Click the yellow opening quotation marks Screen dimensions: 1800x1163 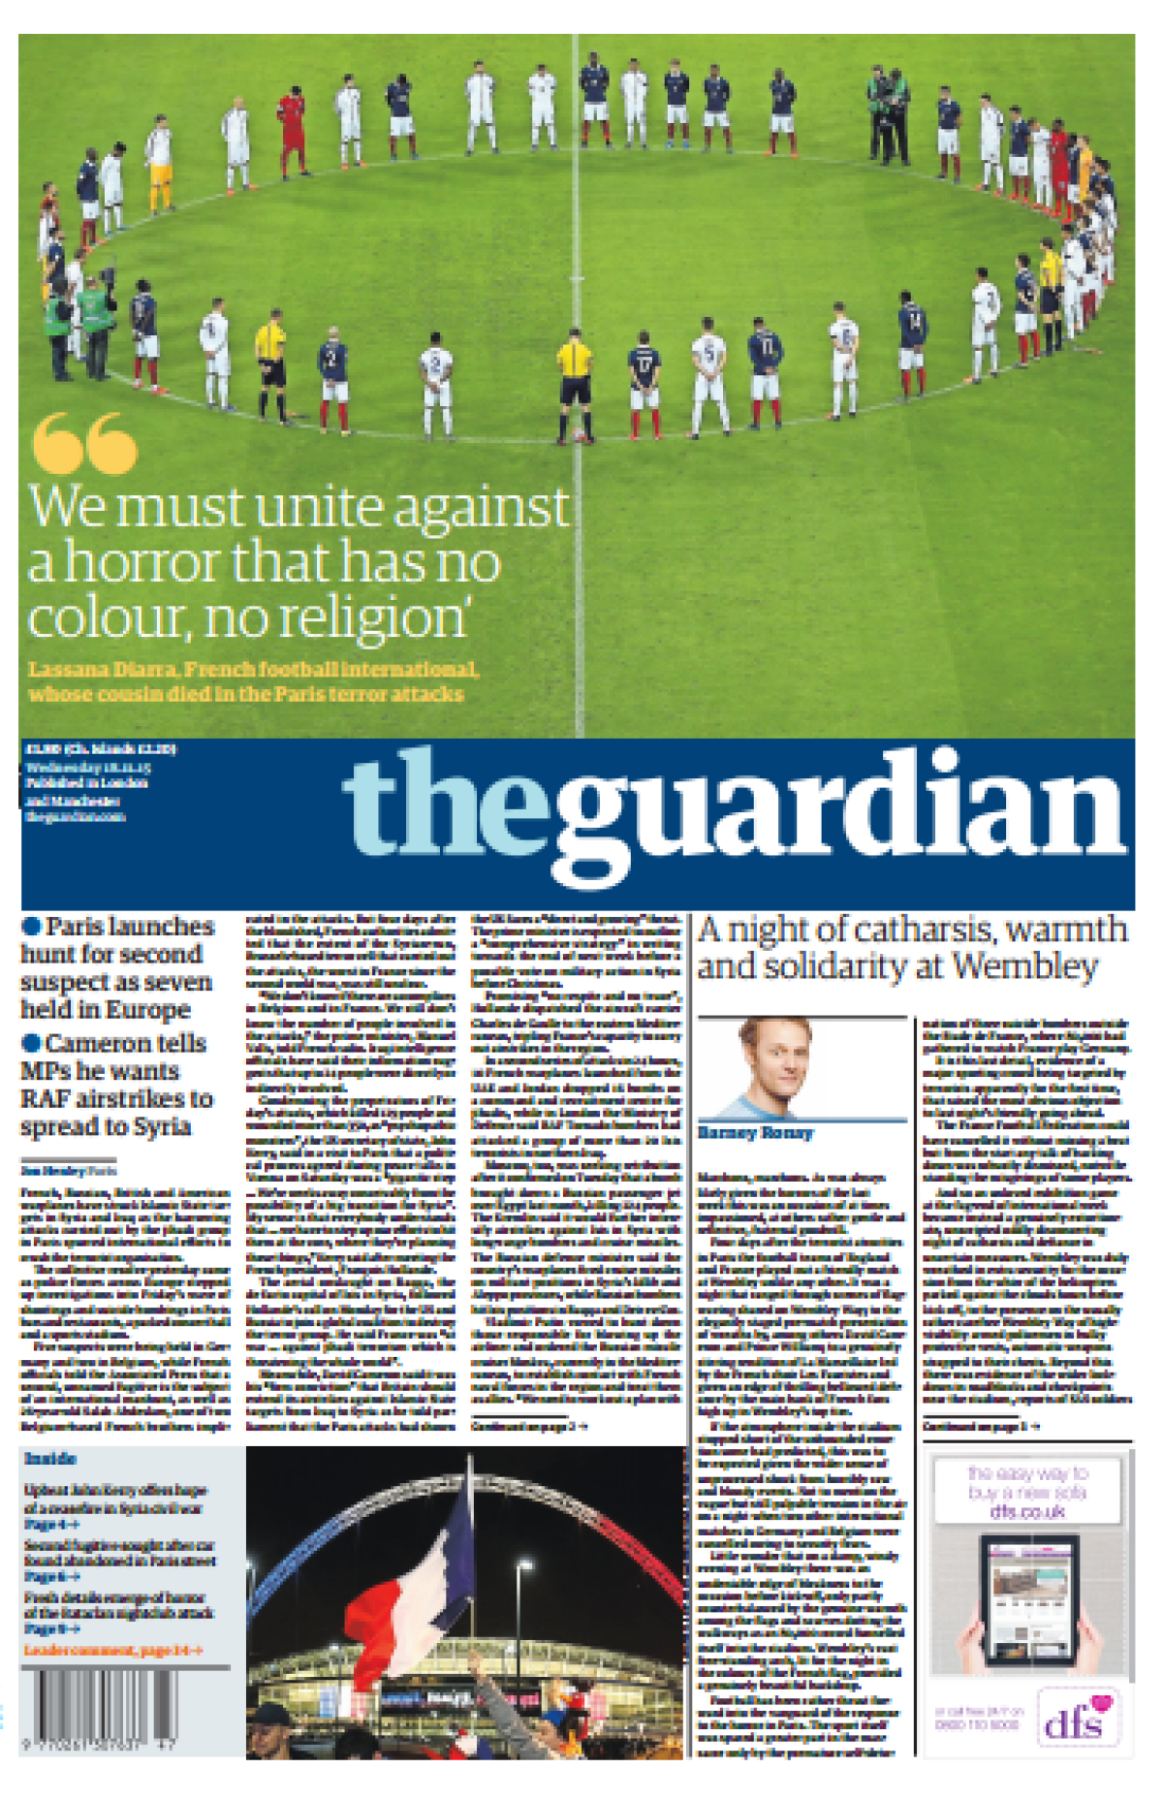(84, 443)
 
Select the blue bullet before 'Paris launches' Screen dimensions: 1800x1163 (31, 927)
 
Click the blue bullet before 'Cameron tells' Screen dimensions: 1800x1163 (31, 1043)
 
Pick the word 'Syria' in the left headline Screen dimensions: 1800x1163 (162, 1126)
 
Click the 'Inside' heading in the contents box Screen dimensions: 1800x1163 (50, 1459)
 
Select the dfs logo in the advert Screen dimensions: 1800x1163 (1076, 1720)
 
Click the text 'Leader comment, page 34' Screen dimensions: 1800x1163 (112, 1650)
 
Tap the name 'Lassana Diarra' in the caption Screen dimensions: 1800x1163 (103, 670)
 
